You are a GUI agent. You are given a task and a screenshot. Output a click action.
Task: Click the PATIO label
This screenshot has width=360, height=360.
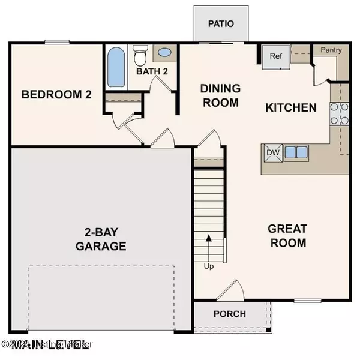click(220, 23)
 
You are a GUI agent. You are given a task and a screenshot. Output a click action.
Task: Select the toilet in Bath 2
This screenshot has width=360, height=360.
click(140, 57)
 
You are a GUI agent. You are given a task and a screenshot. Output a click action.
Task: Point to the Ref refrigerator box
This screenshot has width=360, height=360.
click(275, 57)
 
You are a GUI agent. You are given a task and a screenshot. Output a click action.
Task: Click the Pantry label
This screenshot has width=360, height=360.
click(331, 50)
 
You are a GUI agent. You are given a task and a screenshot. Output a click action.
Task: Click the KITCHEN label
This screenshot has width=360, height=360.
click(291, 108)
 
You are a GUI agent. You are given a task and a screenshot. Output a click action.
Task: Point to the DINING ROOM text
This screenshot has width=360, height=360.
click(220, 95)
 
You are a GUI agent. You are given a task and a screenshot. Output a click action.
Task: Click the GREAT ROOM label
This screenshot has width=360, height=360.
click(287, 236)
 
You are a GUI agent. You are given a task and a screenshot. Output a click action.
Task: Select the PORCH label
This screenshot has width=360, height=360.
click(229, 314)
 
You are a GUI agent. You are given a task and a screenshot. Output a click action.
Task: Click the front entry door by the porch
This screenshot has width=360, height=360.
click(230, 292)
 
